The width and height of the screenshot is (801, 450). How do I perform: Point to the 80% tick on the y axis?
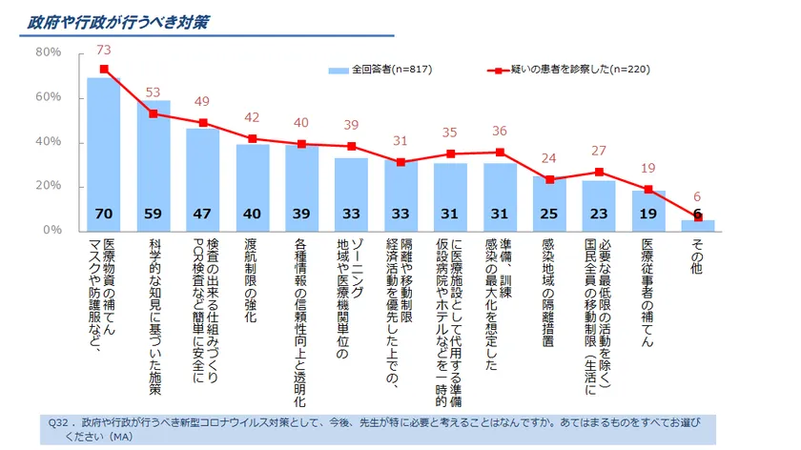pyautogui.click(x=49, y=52)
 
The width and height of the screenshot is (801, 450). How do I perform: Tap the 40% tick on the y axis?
pyautogui.click(x=49, y=142)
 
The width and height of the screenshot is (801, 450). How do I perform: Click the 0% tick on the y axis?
pyautogui.click(x=51, y=231)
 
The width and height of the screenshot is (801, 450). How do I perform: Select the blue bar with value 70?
pyautogui.click(x=104, y=153)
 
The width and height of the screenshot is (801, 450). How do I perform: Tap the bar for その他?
pyautogui.click(x=698, y=225)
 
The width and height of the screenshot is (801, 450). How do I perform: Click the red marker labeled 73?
pyautogui.click(x=104, y=70)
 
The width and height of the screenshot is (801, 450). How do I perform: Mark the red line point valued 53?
pyautogui.click(x=154, y=113)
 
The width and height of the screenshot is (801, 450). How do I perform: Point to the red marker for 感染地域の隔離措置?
pyautogui.click(x=549, y=179)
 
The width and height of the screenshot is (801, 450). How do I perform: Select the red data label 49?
pyautogui.click(x=202, y=102)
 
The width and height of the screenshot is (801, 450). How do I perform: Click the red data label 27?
pyautogui.click(x=600, y=151)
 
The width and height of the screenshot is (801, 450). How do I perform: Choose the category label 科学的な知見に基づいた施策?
pyautogui.click(x=154, y=315)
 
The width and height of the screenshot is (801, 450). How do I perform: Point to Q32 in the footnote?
pyautogui.click(x=58, y=421)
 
